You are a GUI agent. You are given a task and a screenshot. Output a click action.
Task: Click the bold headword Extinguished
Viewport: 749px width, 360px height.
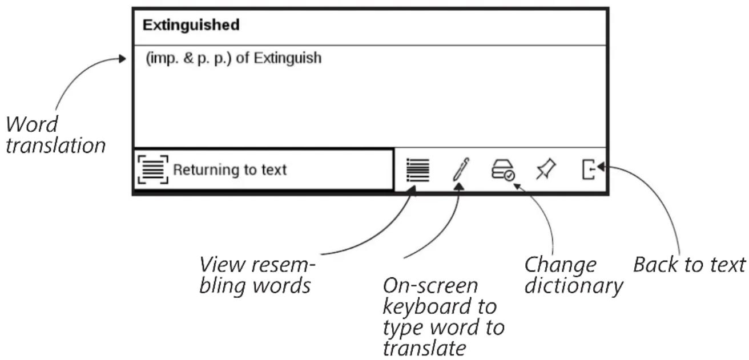[x=191, y=25]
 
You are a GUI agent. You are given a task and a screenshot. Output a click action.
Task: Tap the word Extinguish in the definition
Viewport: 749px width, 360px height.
[x=288, y=59]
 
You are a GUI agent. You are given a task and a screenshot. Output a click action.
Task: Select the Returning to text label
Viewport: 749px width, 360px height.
[x=229, y=170]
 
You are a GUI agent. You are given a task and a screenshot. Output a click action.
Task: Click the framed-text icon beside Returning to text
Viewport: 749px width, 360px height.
[x=153, y=169]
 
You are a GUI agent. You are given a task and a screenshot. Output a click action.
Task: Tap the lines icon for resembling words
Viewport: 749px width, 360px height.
[x=418, y=170]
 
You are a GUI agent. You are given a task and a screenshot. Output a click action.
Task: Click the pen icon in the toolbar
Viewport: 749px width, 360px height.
[x=461, y=169]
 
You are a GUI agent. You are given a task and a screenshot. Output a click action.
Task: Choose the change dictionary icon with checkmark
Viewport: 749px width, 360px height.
[x=503, y=170]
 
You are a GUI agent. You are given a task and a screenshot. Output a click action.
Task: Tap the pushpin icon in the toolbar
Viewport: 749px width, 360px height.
[x=546, y=169]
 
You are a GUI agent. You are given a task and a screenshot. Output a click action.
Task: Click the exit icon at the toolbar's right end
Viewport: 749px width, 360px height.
[x=589, y=169]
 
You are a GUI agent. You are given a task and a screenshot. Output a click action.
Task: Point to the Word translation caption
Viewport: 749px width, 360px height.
[x=55, y=135]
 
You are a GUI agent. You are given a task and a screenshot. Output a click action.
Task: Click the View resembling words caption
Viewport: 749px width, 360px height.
[x=257, y=275]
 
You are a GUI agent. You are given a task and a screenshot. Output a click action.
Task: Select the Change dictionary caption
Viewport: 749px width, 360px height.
[x=573, y=275]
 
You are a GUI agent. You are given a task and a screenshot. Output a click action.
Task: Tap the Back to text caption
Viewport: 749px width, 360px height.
[x=689, y=265]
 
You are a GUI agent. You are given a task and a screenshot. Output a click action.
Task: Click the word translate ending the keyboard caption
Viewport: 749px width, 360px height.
[x=424, y=349]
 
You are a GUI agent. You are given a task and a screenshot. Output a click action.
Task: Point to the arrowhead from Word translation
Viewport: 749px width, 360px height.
[x=122, y=59]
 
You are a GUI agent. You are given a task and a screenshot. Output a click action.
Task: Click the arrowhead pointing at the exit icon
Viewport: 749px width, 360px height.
[x=601, y=167]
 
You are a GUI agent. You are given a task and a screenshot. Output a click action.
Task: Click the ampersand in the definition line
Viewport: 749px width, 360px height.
[x=188, y=58]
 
